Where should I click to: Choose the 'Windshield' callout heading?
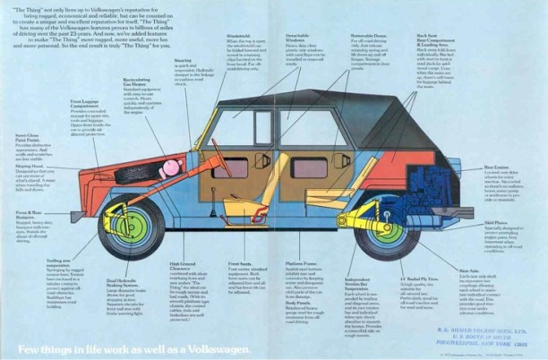click(238, 37)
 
